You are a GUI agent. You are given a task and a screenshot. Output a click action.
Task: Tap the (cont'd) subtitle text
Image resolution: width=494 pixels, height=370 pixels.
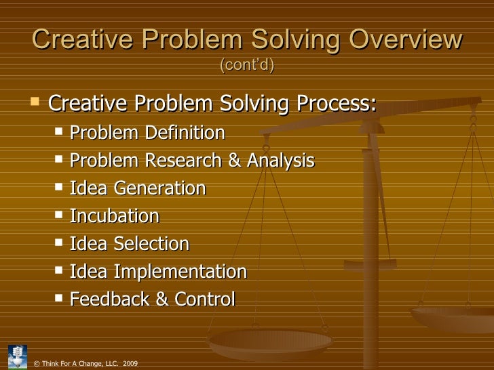click(x=247, y=66)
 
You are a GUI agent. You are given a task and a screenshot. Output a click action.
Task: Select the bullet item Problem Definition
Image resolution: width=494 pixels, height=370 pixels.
click(x=147, y=133)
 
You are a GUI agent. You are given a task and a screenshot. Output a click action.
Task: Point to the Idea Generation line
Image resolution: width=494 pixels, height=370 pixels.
click(x=138, y=188)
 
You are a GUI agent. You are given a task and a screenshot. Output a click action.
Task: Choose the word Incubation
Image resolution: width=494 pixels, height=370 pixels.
click(x=115, y=216)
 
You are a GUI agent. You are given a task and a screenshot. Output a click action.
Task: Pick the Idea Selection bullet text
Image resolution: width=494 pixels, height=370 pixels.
click(x=130, y=244)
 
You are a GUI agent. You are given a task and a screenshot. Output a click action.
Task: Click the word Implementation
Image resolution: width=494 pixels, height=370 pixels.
click(x=180, y=272)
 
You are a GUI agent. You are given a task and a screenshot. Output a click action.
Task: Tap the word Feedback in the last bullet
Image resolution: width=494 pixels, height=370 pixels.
click(x=109, y=300)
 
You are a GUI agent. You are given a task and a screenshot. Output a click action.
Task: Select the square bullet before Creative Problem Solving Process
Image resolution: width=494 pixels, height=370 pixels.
click(x=35, y=104)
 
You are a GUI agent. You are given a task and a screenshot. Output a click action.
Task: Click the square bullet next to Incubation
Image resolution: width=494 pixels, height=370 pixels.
click(x=59, y=215)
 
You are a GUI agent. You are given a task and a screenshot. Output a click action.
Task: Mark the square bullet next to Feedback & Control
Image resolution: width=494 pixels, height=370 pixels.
click(x=59, y=299)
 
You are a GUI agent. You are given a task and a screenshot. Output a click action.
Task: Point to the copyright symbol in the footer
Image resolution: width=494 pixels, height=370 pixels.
click(x=36, y=364)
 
